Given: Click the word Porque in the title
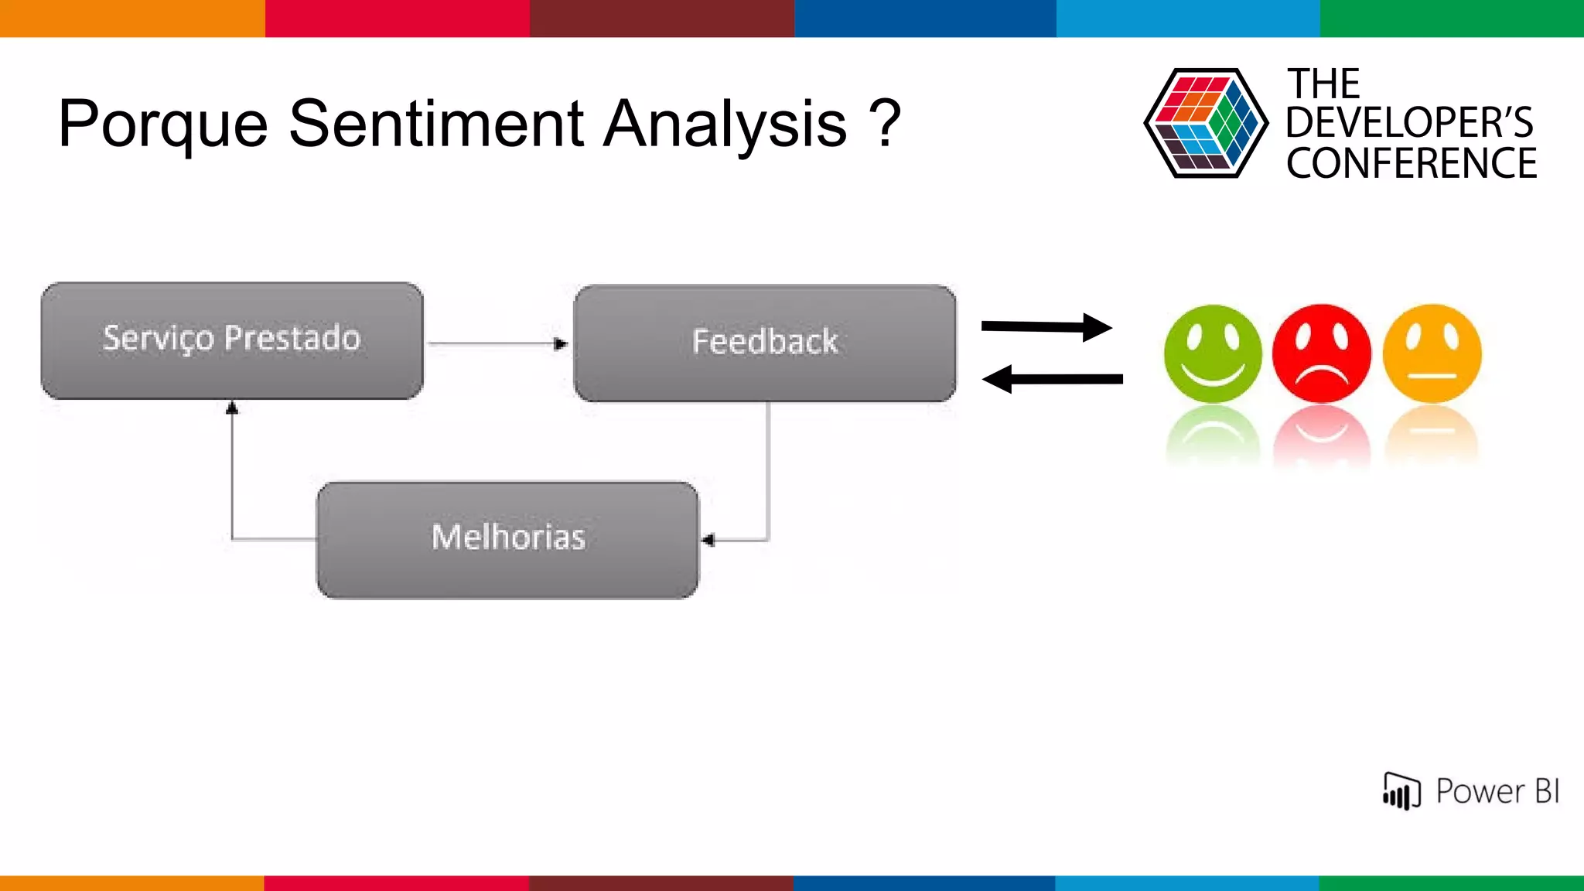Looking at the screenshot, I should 162,124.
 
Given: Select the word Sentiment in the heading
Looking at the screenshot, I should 436,124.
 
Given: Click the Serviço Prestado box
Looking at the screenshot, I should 232,340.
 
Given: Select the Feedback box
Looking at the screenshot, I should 764,343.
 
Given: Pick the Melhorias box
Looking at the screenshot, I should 508,539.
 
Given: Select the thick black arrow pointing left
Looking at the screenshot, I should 1052,379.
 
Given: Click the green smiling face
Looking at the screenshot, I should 1212,353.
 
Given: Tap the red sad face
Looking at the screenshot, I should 1322,353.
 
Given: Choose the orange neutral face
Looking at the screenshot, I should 1432,353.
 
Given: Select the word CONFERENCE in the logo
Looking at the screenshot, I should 1412,163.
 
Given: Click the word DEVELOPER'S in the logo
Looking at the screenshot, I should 1409,122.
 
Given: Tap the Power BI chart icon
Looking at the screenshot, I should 1401,791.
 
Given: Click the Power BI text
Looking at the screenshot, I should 1497,791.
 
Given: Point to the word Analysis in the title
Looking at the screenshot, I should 725,124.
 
